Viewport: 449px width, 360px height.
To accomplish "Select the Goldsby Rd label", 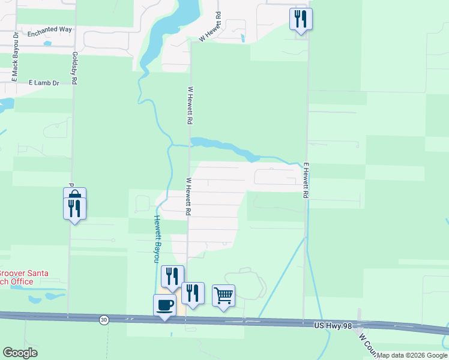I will (75, 67).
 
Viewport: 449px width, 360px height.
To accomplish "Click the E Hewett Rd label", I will (306, 181).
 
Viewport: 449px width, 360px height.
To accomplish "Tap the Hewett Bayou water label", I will (157, 239).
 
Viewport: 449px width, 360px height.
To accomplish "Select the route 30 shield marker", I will (104, 320).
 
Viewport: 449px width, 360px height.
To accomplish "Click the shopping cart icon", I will (223, 295).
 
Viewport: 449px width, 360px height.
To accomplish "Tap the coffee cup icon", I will (164, 304).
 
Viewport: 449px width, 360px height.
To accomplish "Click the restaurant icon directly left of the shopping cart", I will (193, 293).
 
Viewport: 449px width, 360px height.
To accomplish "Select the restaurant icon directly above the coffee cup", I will (172, 276).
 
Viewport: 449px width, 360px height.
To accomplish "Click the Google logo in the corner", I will (20, 353).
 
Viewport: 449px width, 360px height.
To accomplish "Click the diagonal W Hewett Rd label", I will (211, 26).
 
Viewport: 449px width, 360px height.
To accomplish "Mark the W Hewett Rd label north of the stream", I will (190, 105).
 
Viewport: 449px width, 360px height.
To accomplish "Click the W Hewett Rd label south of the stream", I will (188, 196).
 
